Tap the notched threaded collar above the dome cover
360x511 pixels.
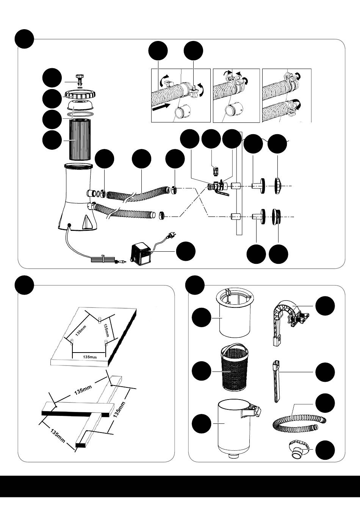click(x=80, y=94)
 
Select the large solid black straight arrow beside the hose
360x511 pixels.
click(x=161, y=107)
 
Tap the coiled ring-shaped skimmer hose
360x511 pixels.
click(x=299, y=425)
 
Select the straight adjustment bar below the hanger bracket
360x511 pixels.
click(x=276, y=381)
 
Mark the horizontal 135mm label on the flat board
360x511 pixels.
click(x=89, y=357)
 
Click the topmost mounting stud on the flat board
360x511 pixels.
click(x=100, y=320)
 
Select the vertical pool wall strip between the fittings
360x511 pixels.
click(x=239, y=183)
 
